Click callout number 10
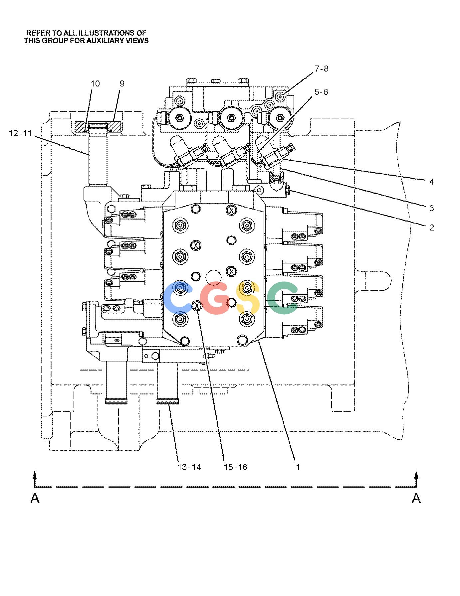pyautogui.click(x=95, y=83)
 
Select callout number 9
pyautogui.click(x=122, y=83)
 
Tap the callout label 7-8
pyautogui.click(x=322, y=69)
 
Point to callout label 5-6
pyautogui.click(x=321, y=92)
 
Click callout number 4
pyautogui.click(x=432, y=182)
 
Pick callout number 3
pyautogui.click(x=432, y=208)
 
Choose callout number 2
pyautogui.click(x=432, y=227)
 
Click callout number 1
pyautogui.click(x=298, y=467)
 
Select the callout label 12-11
pyautogui.click(x=20, y=133)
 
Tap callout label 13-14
pyautogui.click(x=189, y=467)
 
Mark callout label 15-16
pyautogui.click(x=236, y=467)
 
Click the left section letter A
pyautogui.click(x=35, y=498)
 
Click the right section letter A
pyautogui.click(x=416, y=498)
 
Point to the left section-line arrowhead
pyautogui.click(x=35, y=474)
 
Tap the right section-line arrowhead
pyautogui.click(x=416, y=474)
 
